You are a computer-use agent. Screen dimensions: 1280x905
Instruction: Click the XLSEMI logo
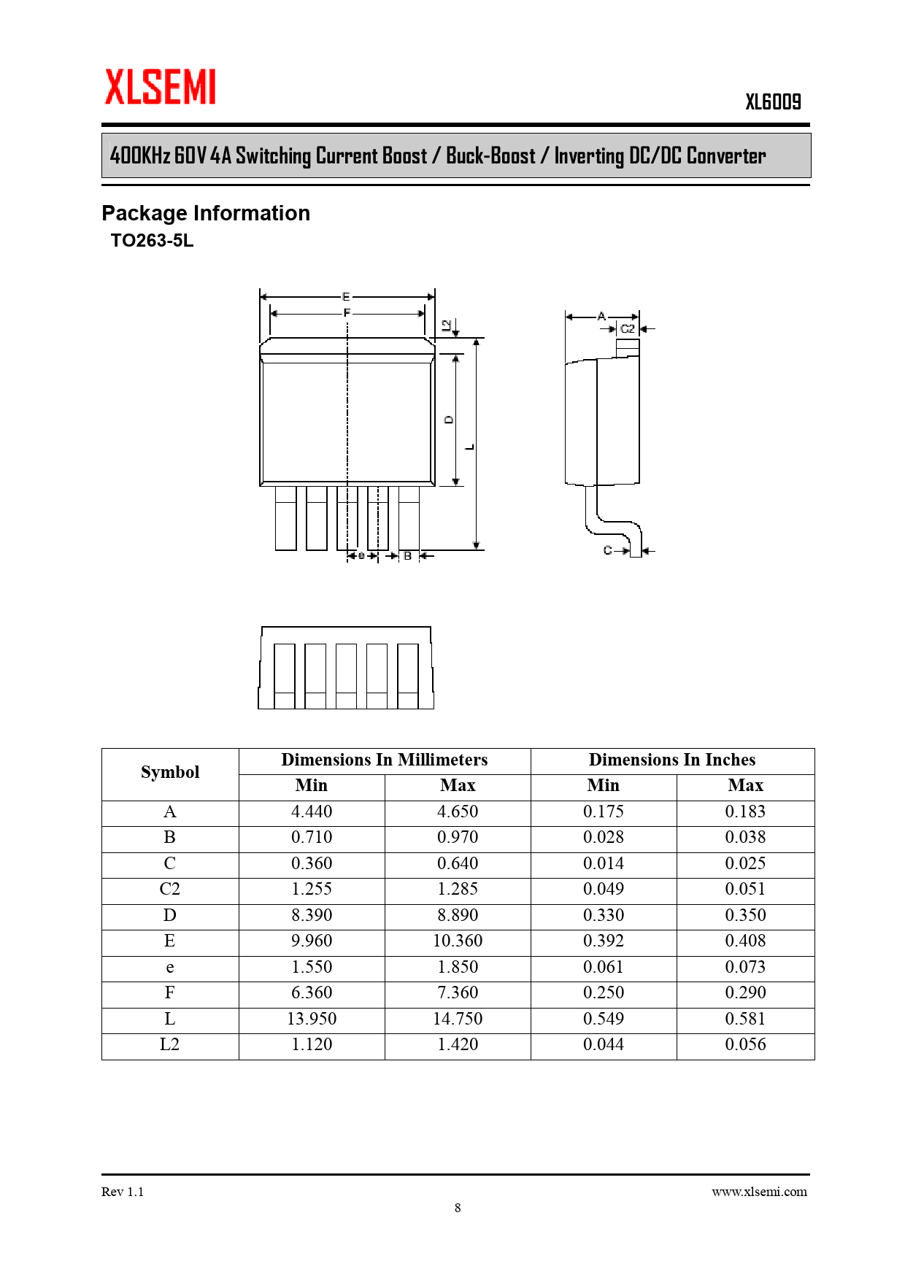(161, 88)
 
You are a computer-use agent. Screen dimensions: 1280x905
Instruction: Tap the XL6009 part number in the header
(773, 102)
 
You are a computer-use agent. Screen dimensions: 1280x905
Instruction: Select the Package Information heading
(206, 213)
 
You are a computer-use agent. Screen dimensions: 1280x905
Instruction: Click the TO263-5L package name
(152, 241)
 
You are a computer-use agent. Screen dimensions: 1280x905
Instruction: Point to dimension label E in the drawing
(347, 296)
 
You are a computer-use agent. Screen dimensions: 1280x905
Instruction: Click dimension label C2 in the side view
(628, 329)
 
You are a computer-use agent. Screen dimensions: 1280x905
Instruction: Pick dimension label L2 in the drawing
(447, 325)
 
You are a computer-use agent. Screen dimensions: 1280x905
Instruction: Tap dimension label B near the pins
(408, 556)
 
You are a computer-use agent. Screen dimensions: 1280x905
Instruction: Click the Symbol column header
(170, 772)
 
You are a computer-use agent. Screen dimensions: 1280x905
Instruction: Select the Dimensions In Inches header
(672, 760)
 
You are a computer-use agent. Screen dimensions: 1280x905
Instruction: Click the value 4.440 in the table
(312, 811)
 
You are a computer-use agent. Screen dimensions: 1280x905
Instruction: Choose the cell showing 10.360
(458, 941)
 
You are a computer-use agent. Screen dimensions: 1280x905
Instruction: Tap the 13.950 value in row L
(312, 1019)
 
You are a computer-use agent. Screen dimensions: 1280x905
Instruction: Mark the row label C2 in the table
(170, 889)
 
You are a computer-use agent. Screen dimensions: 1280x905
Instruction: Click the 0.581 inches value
(745, 1019)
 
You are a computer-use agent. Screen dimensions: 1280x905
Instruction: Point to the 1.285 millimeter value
(458, 889)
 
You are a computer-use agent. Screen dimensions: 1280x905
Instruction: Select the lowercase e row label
(170, 967)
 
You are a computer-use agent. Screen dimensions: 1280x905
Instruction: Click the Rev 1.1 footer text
(123, 1192)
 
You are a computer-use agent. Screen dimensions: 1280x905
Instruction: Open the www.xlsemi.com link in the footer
(759, 1192)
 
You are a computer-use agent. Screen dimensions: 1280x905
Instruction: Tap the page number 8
(458, 1208)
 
